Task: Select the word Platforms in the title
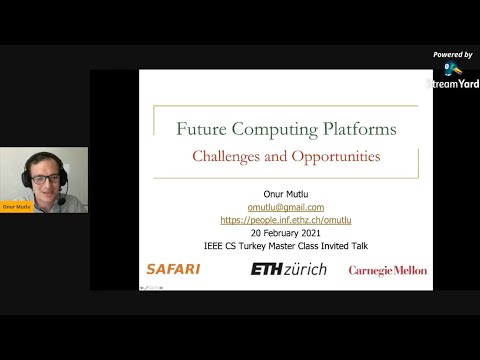pyautogui.click(x=353, y=129)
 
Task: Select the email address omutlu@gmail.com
pyautogui.click(x=285, y=207)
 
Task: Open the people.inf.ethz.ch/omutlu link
pyautogui.click(x=285, y=219)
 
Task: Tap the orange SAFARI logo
pyautogui.click(x=173, y=269)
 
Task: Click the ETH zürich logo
pyautogui.click(x=288, y=269)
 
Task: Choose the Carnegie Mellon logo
pyautogui.click(x=387, y=270)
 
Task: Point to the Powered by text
pyautogui.click(x=453, y=54)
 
